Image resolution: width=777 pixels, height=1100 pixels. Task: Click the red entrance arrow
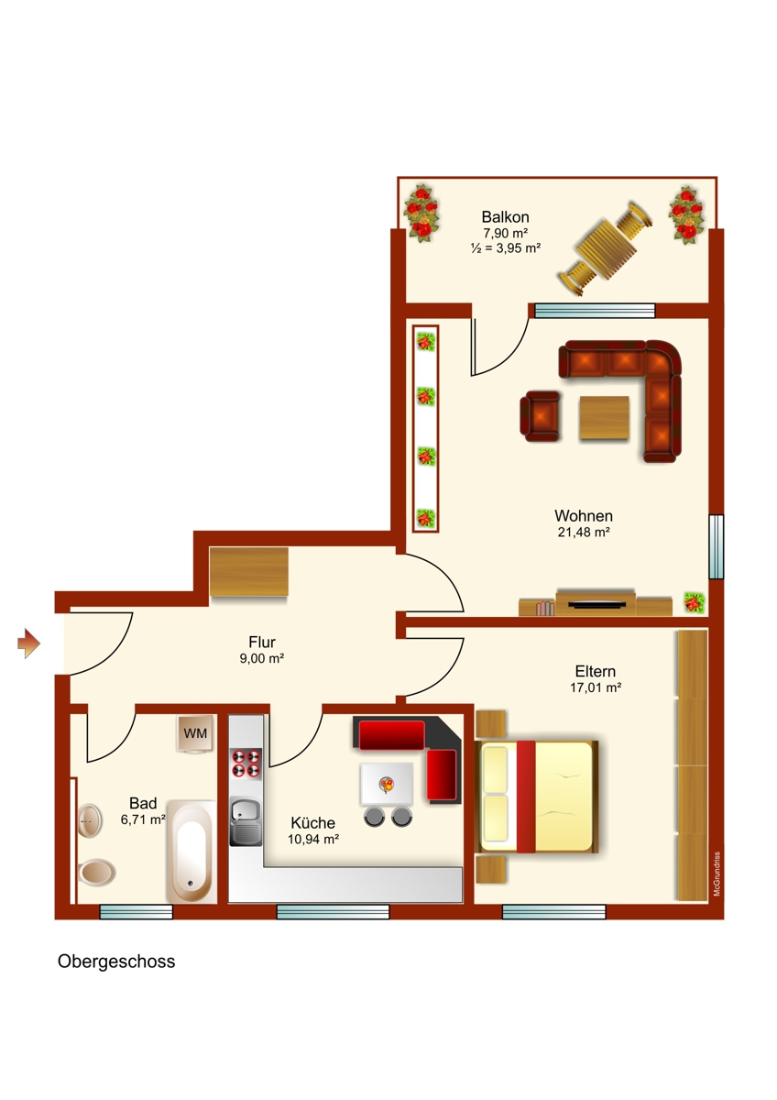28,643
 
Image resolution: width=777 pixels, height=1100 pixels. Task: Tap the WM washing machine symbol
195,733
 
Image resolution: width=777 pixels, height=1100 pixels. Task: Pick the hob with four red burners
246,764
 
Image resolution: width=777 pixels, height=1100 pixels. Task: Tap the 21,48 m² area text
584,532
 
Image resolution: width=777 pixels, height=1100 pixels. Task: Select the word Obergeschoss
116,962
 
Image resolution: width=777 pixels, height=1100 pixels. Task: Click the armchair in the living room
541,415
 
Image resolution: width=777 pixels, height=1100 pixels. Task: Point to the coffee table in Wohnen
604,417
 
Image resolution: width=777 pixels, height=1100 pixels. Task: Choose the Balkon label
505,217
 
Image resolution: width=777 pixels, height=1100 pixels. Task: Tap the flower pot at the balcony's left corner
421,213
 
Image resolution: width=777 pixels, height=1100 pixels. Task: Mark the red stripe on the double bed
526,797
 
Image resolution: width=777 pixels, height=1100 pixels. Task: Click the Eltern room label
596,670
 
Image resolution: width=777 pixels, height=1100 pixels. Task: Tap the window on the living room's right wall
716,546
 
